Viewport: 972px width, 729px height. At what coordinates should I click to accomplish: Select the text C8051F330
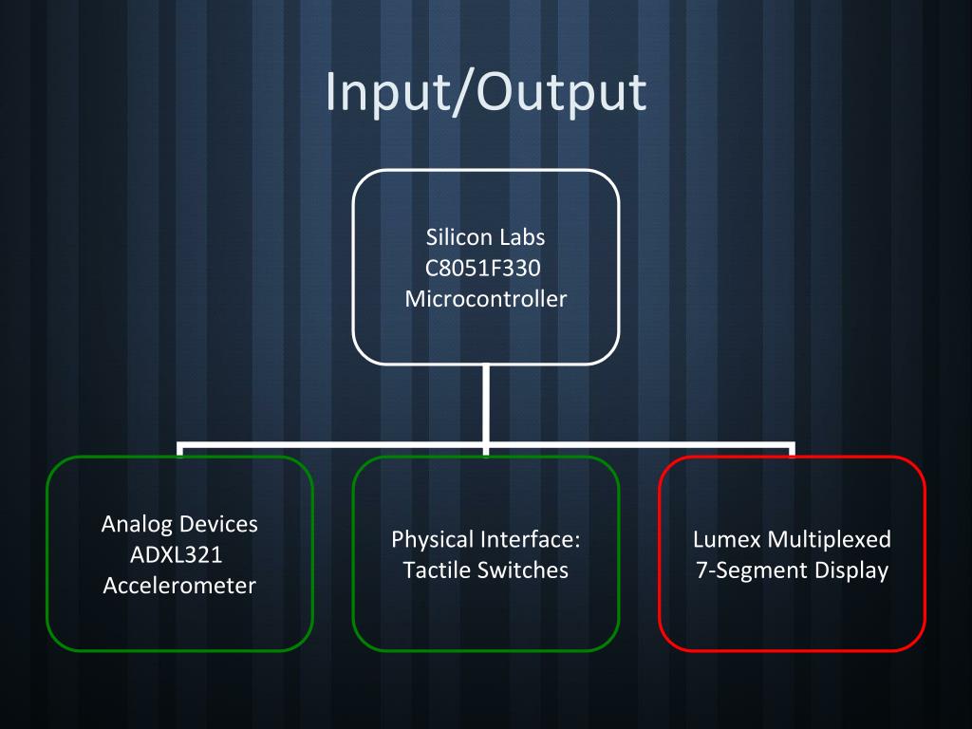pos(483,267)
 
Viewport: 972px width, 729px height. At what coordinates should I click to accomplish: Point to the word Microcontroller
pos(485,299)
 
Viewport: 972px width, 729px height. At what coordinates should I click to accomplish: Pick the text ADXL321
pos(176,554)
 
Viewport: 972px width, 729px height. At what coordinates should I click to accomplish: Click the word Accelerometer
pos(179,585)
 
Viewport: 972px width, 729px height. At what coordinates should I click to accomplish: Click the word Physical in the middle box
pos(432,540)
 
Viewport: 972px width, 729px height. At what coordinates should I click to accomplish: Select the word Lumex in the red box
pos(726,540)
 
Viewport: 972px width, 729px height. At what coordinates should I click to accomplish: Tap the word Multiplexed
pos(829,540)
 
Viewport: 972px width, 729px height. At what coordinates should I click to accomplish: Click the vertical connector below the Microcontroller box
pos(485,403)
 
